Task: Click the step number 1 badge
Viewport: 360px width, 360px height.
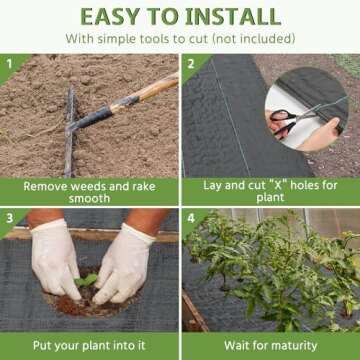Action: tap(11, 63)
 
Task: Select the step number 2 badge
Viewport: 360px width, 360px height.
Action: tap(192, 63)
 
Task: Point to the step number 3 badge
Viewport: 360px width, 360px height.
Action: tap(11, 217)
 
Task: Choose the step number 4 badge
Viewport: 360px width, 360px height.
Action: tap(192, 217)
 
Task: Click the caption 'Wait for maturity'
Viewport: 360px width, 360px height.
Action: tap(270, 345)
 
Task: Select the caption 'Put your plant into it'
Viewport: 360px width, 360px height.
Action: tap(89, 345)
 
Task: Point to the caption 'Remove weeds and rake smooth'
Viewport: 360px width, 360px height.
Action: tap(89, 192)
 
